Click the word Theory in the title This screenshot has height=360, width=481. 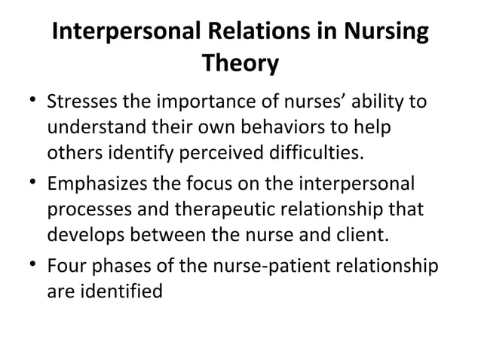pyautogui.click(x=240, y=65)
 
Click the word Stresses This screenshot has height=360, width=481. pyautogui.click(x=81, y=102)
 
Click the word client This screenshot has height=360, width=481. pyautogui.click(x=363, y=235)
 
